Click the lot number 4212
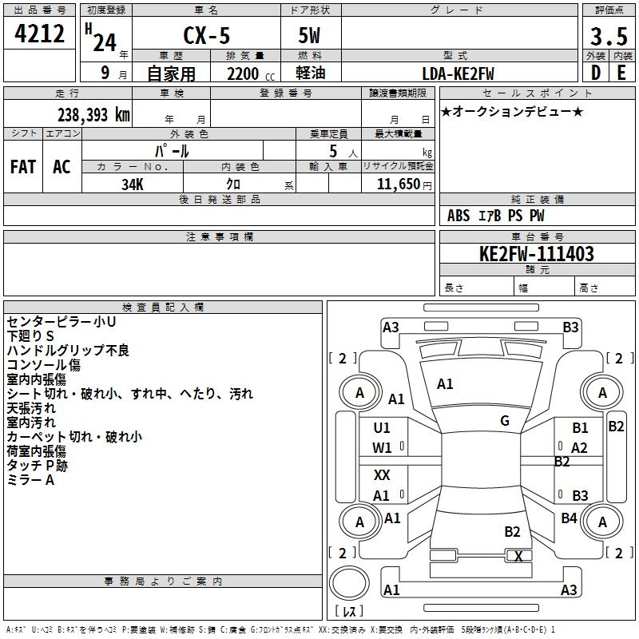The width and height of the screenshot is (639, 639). point(39,34)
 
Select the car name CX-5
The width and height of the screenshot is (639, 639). point(207,35)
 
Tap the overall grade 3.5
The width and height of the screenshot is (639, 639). point(609,37)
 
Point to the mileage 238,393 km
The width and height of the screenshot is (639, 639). point(93,115)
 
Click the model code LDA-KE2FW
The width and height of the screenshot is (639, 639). point(458,73)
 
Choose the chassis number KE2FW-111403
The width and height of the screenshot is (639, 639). point(537,254)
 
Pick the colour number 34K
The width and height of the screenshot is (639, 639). point(133,185)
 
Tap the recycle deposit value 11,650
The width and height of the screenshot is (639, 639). point(398,185)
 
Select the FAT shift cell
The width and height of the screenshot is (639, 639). point(23,167)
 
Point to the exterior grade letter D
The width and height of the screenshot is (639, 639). point(596,73)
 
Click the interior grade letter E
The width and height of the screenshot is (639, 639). point(621,73)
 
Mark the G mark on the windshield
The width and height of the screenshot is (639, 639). point(505,421)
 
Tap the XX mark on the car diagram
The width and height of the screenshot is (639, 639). point(382,474)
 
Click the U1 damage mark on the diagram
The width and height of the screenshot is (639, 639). point(382,428)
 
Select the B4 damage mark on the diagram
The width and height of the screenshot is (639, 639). point(569,518)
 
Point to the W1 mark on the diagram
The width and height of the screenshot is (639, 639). point(382,448)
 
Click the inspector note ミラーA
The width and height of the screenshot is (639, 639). point(30,480)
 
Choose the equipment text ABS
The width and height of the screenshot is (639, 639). point(458,216)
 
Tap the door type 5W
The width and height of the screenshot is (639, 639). point(309,35)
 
